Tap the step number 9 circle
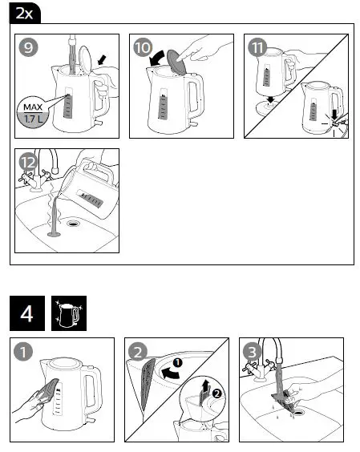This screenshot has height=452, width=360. (x=30, y=47)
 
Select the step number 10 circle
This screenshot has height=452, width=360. (x=143, y=47)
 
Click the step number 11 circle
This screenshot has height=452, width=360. (x=258, y=47)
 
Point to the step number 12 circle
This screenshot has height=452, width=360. (x=29, y=161)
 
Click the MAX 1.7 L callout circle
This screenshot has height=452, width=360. (x=33, y=111)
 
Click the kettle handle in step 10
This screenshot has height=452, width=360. (x=196, y=95)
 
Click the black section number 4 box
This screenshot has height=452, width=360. (x=26, y=313)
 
